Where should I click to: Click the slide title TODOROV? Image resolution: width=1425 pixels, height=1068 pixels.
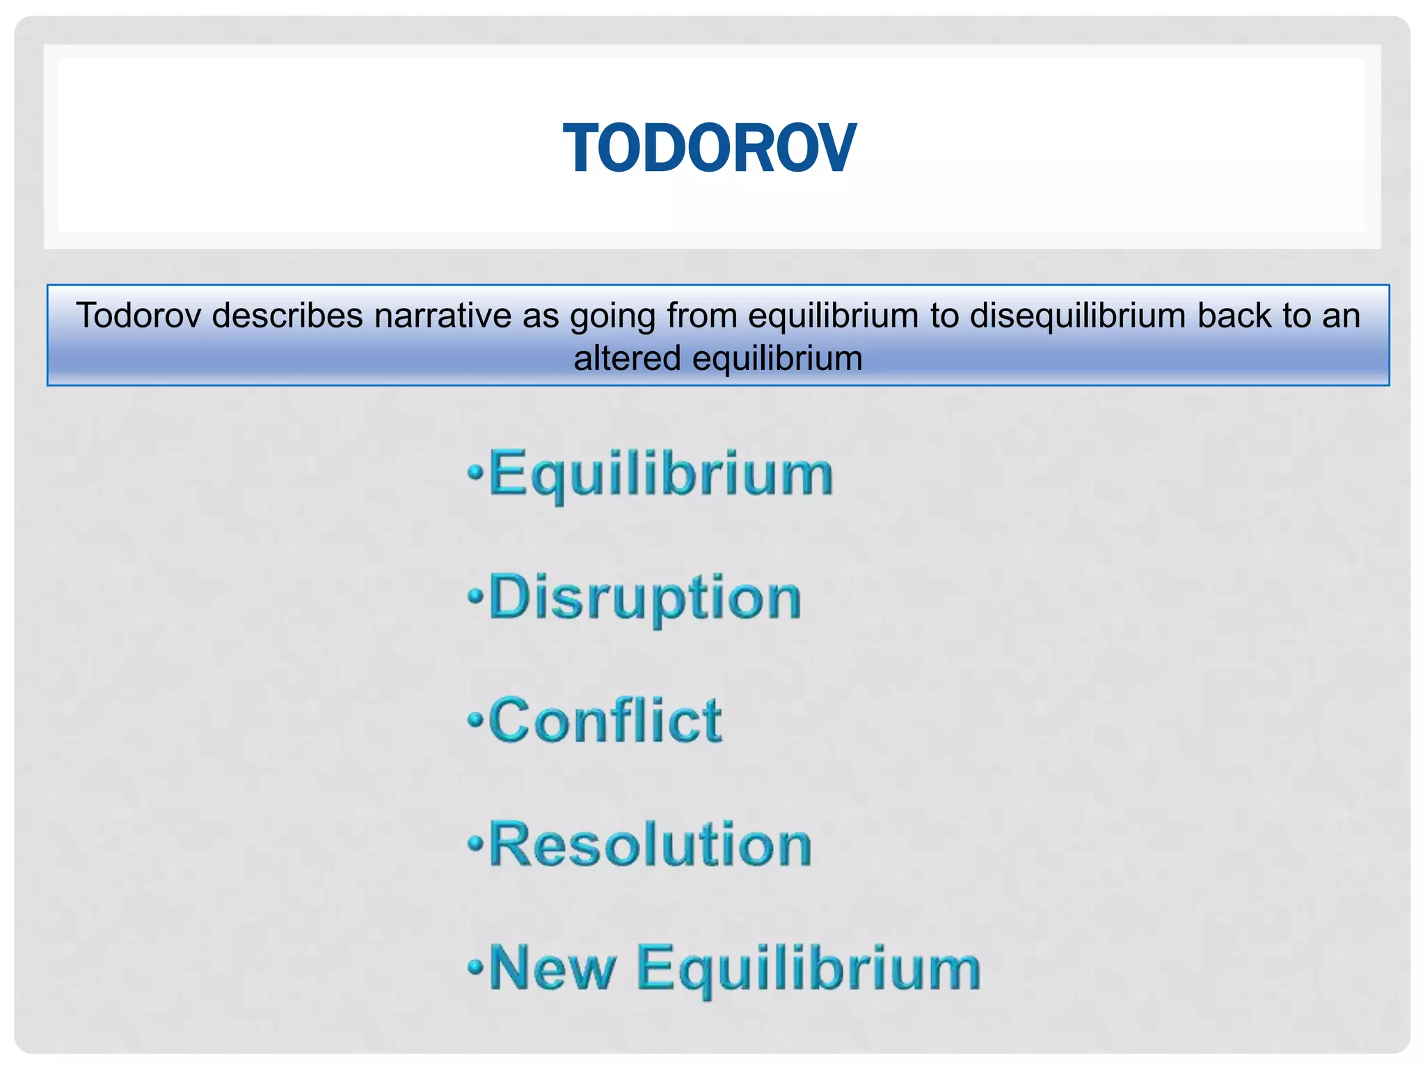709,148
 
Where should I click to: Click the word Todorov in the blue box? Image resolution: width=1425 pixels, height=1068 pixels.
138,316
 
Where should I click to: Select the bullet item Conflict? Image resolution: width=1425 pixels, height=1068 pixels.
605,721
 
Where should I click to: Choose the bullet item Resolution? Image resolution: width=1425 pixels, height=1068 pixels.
651,844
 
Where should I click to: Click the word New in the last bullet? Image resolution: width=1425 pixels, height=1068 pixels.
552,968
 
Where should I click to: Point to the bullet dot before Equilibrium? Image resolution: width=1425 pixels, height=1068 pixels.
475,473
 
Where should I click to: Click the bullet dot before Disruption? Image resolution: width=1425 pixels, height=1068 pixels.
475,596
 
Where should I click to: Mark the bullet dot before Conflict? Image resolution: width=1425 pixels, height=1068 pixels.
475,720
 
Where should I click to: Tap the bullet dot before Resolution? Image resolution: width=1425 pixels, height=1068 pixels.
475,843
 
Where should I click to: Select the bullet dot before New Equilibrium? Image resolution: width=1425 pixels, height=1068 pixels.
475,966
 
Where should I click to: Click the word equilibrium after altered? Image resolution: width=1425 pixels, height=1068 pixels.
778,359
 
